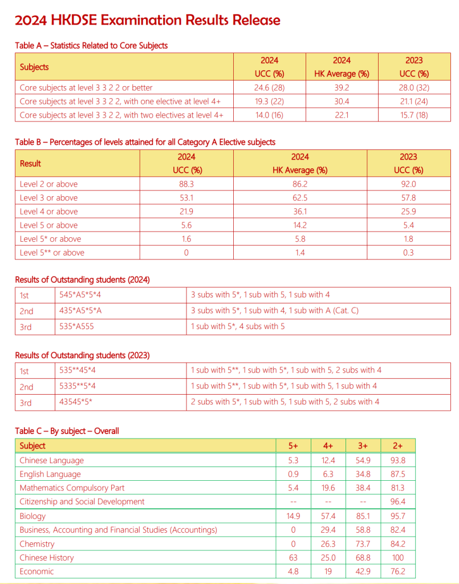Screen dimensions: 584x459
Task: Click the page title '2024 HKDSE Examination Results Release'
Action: (148, 21)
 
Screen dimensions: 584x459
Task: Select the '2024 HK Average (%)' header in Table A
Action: (342, 67)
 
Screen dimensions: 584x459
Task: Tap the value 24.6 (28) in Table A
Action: (269, 88)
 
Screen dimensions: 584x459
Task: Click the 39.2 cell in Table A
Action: (342, 88)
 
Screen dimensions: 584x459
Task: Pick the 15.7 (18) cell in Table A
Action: (414, 115)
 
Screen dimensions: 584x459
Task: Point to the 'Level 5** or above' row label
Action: (52, 253)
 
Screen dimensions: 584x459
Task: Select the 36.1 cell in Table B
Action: (300, 212)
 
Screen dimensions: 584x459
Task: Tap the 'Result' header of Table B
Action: (30, 163)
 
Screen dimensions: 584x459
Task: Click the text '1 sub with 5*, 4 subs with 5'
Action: (244, 327)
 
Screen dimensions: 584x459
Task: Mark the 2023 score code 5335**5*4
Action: (78, 386)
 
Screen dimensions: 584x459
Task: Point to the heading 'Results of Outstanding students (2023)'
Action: (82, 355)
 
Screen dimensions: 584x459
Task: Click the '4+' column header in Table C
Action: (328, 445)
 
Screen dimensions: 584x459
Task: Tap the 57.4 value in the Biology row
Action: (328, 516)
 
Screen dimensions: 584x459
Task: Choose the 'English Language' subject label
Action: (50, 474)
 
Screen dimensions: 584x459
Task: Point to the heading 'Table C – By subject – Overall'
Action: (67, 431)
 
